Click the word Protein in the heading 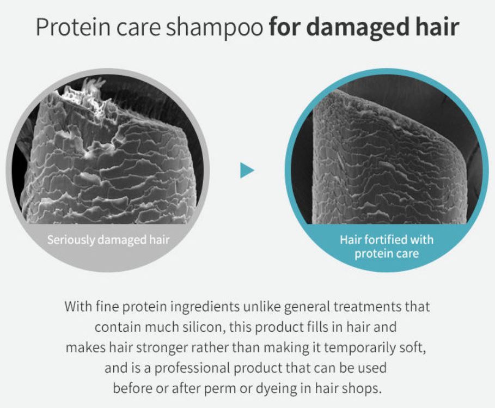coord(73,27)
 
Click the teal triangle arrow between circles coord(247,170)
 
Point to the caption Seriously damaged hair coord(108,240)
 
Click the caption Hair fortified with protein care coord(387,246)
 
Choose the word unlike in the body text coord(262,306)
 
